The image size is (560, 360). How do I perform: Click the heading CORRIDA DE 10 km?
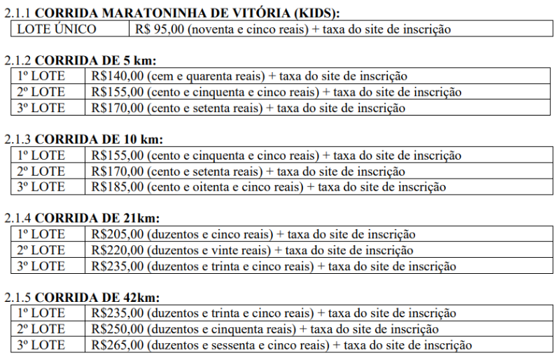[x=99, y=139]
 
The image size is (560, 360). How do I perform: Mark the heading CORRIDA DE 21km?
[x=97, y=219]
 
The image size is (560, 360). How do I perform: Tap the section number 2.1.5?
[x=17, y=298]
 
